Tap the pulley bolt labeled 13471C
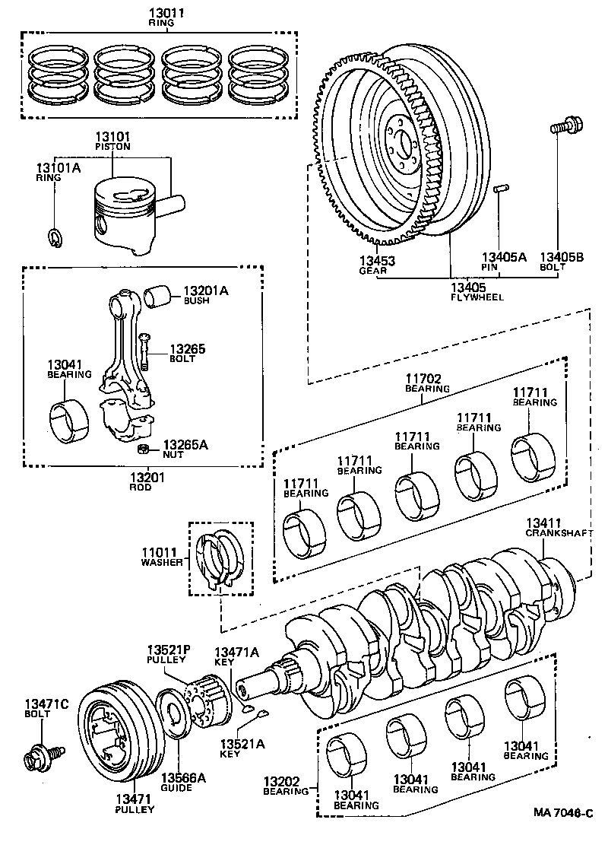(x=37, y=758)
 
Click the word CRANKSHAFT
(x=559, y=534)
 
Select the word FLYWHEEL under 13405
(x=477, y=297)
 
